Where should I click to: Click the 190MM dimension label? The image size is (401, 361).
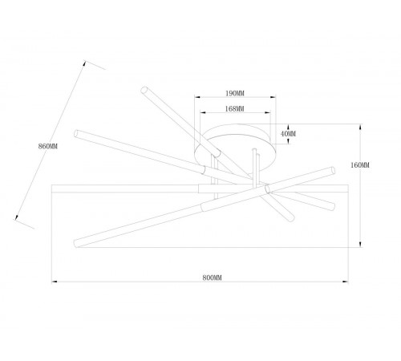click(235, 93)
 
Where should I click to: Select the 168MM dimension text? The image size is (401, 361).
click(234, 109)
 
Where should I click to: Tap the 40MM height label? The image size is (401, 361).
click(289, 134)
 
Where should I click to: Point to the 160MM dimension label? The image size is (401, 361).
click(360, 165)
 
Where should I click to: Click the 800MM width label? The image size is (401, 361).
click(213, 278)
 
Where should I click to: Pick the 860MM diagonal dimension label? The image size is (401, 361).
click(48, 146)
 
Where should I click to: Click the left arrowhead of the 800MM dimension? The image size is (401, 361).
click(55, 282)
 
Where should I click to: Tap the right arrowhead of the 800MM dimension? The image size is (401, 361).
click(345, 282)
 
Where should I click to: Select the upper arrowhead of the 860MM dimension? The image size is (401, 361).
click(84, 63)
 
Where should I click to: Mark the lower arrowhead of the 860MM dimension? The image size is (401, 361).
click(17, 217)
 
